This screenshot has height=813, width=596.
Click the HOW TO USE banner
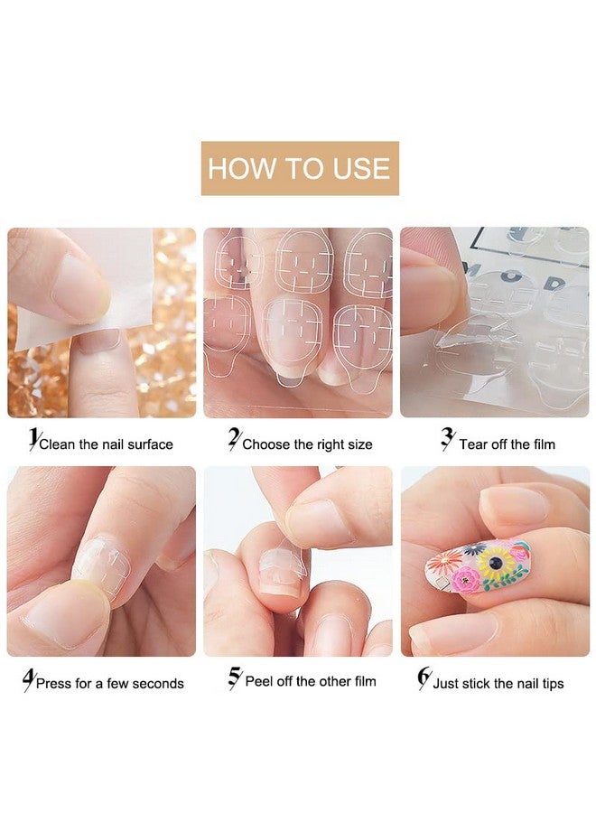pos(300,168)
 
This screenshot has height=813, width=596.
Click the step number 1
pos(34,439)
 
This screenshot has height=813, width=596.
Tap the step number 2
pos(234,439)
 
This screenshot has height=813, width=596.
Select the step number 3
pos(448,439)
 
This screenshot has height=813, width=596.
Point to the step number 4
pos(29,679)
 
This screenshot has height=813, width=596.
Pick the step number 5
pos(236,677)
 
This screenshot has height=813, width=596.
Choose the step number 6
pos(424,678)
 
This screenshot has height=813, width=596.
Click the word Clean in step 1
pos(58,444)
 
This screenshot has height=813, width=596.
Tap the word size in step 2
pos(359,444)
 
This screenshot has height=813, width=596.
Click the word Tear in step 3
pos(473,444)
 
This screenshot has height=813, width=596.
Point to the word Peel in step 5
pos(259,681)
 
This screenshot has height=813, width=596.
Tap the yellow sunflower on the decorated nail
pos(496,563)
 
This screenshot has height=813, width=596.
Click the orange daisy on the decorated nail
pos(443,562)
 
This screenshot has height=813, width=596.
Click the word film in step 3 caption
pos(543,444)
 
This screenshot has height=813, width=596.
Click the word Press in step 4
pos(54,684)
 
